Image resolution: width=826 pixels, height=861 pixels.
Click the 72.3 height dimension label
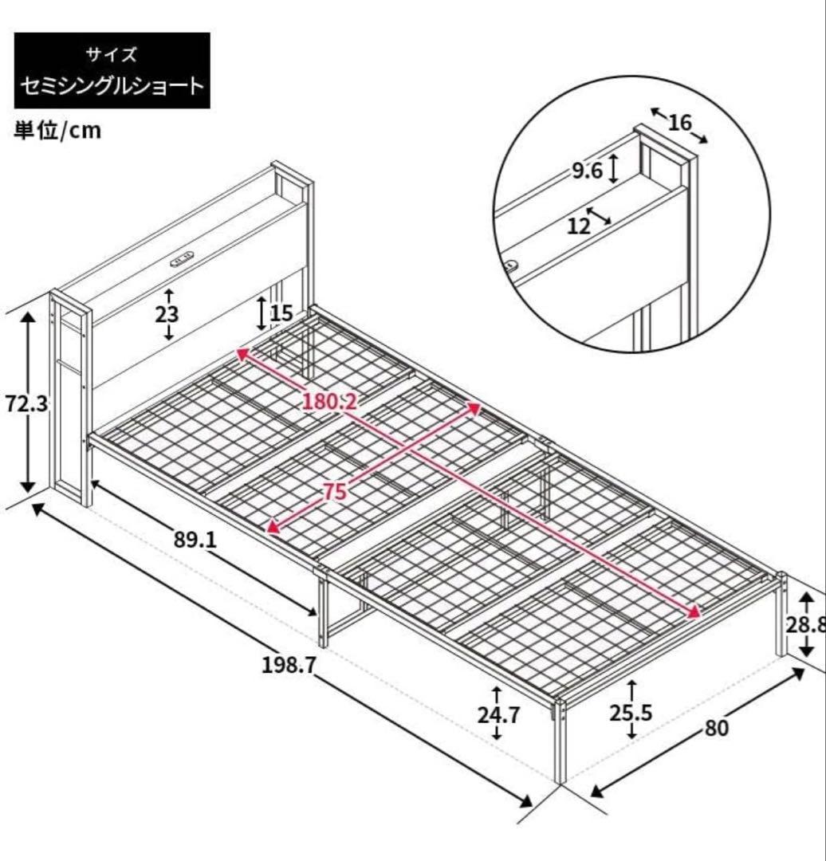point(26,403)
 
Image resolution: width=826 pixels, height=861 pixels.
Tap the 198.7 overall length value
point(290,643)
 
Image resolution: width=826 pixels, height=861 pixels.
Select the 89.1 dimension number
point(195,540)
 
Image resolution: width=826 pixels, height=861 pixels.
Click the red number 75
point(336,492)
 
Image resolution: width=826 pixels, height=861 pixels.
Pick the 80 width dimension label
point(717,729)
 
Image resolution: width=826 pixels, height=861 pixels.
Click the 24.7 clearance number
point(498,714)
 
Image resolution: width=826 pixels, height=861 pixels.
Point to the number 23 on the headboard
point(167,314)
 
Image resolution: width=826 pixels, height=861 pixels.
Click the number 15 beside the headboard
point(281,313)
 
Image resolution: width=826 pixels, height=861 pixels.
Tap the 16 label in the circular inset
point(679,123)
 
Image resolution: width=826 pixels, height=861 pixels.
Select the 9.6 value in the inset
point(587,171)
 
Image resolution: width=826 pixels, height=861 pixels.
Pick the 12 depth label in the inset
point(580,226)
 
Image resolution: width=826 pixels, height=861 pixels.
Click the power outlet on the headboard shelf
point(183,259)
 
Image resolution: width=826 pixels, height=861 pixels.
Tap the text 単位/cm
point(57,131)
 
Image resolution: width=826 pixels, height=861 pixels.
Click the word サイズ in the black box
point(112,55)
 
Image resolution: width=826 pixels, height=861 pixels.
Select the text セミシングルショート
point(112,85)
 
